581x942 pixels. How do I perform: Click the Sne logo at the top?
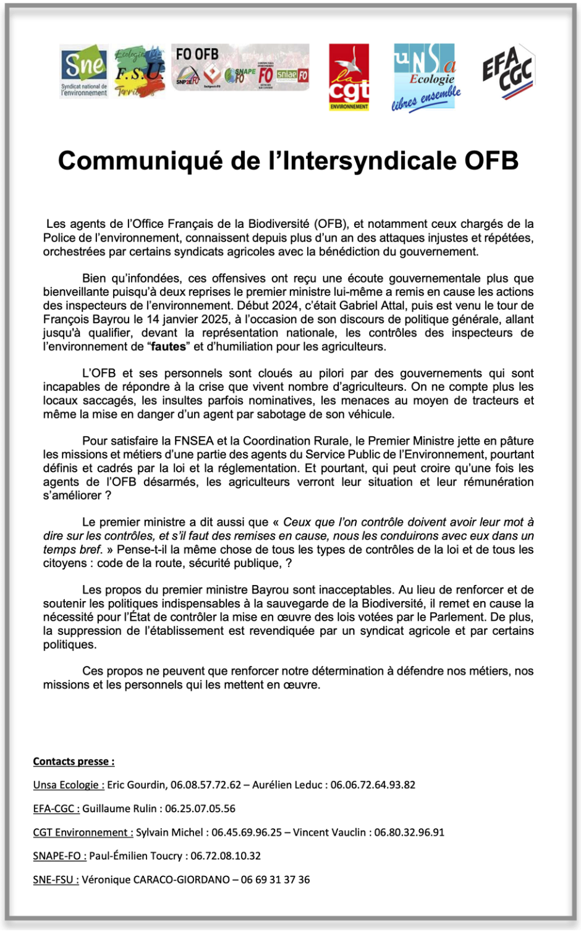coord(84,70)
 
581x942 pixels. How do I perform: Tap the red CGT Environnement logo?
coord(349,77)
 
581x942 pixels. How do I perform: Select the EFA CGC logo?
coord(508,72)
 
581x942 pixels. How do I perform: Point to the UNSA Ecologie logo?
coord(426,77)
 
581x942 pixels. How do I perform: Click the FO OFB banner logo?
coord(240,67)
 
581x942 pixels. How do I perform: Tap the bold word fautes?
coord(169,347)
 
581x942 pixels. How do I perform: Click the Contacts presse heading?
coord(74,762)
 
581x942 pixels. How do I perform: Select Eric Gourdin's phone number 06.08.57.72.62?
coord(206,785)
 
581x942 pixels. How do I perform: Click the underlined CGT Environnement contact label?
coord(83,833)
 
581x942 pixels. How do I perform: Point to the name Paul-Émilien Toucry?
coord(136,856)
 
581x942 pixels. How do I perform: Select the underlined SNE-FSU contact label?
coord(56,880)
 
